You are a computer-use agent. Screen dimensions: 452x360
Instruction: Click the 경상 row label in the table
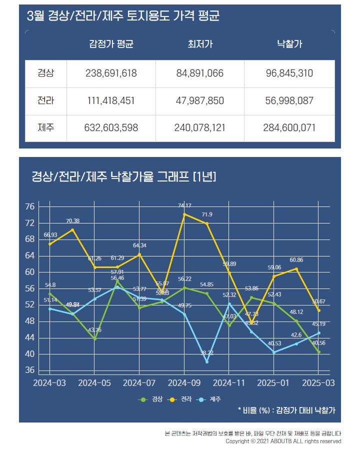tap(45, 73)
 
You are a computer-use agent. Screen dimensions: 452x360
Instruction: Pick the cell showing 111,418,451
tap(110, 101)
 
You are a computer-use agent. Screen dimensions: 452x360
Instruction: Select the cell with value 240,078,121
tap(200, 128)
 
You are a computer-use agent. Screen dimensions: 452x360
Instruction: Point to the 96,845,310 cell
tap(289, 73)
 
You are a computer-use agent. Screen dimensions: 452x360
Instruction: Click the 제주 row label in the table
tap(45, 128)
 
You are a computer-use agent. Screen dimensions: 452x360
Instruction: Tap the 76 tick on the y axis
tap(29, 206)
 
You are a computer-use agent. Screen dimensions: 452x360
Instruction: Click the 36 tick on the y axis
tap(29, 370)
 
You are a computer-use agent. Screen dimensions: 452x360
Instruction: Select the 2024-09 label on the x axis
tap(184, 383)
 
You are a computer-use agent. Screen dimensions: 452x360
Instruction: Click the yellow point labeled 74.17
tap(184, 214)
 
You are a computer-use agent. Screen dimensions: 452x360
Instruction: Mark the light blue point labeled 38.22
tap(206, 361)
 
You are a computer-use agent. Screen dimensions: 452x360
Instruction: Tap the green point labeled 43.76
tap(94, 338)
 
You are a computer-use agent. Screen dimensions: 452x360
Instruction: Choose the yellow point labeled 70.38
tap(72, 230)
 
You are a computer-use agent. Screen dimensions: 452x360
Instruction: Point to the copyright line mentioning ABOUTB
tap(283, 441)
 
